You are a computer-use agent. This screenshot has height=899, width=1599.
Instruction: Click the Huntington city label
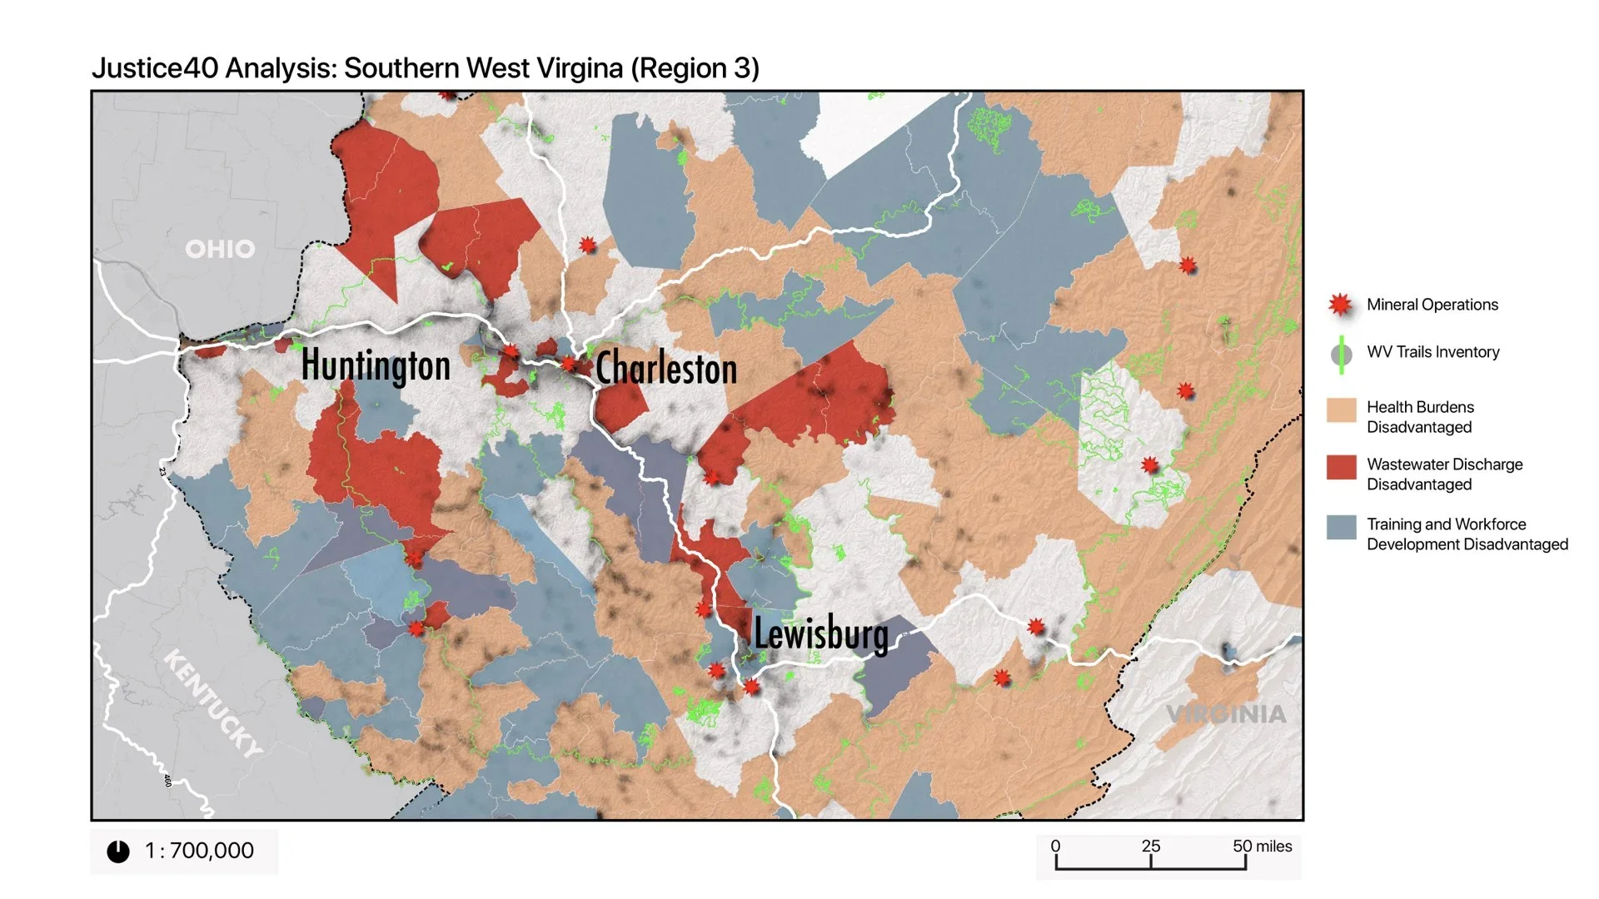(x=376, y=365)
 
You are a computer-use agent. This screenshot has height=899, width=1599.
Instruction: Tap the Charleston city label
(x=666, y=369)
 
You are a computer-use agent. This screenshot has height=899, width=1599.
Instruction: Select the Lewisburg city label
(x=821, y=633)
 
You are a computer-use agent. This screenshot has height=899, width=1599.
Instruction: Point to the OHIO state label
(x=220, y=249)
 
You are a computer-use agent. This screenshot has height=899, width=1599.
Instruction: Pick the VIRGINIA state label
(x=1226, y=714)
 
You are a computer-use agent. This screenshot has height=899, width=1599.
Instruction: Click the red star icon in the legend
(x=1340, y=305)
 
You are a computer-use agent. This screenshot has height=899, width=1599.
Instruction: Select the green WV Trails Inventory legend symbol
(x=1341, y=354)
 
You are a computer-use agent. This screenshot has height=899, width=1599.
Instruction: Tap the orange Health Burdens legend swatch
(x=1341, y=410)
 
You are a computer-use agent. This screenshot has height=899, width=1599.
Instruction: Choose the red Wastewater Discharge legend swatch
(x=1341, y=467)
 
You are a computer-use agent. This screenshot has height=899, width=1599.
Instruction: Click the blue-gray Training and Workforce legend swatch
(x=1341, y=527)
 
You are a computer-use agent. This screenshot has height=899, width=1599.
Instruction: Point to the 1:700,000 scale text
(x=199, y=851)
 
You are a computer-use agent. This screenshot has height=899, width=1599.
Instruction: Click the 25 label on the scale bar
(x=1151, y=846)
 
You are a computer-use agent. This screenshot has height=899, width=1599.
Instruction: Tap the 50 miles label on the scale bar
(x=1262, y=846)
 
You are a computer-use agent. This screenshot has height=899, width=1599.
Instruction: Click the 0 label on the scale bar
(x=1055, y=846)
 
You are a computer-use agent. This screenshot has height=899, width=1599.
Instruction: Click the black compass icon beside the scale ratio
(x=118, y=852)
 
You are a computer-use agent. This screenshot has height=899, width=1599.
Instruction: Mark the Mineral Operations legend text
(x=1432, y=305)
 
